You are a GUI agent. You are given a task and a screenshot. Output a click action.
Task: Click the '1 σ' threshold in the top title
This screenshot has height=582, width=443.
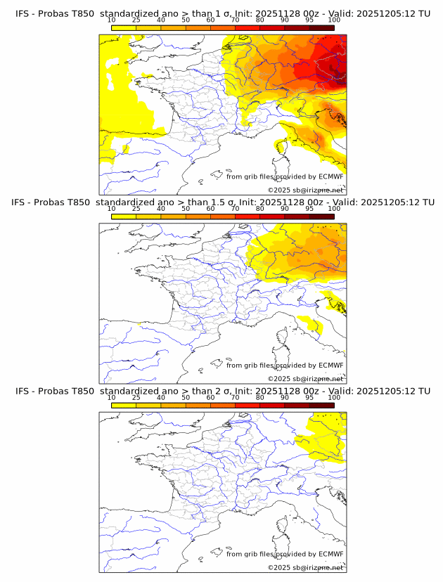227,13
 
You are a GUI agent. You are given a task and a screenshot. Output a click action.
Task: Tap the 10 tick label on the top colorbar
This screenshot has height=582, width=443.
112,20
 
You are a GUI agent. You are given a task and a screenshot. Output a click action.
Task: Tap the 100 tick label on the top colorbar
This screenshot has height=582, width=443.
334,20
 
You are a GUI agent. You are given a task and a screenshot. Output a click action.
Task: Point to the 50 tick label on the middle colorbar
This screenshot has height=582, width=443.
186,209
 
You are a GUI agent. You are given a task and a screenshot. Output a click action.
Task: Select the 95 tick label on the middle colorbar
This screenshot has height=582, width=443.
309,209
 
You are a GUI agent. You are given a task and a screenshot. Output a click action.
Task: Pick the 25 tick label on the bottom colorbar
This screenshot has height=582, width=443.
136,398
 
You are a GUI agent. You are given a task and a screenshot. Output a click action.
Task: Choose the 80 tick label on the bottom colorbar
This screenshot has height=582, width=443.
260,398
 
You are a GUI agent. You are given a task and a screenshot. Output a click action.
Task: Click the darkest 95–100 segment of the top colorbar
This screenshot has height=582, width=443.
321,27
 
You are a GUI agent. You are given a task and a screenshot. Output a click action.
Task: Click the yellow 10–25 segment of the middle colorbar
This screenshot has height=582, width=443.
124,216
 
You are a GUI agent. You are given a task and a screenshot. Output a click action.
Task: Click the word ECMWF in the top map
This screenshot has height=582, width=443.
330,176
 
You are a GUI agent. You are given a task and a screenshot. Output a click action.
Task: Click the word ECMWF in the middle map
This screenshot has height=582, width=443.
330,366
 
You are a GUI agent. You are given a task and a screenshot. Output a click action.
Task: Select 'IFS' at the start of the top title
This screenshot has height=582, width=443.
23,13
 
